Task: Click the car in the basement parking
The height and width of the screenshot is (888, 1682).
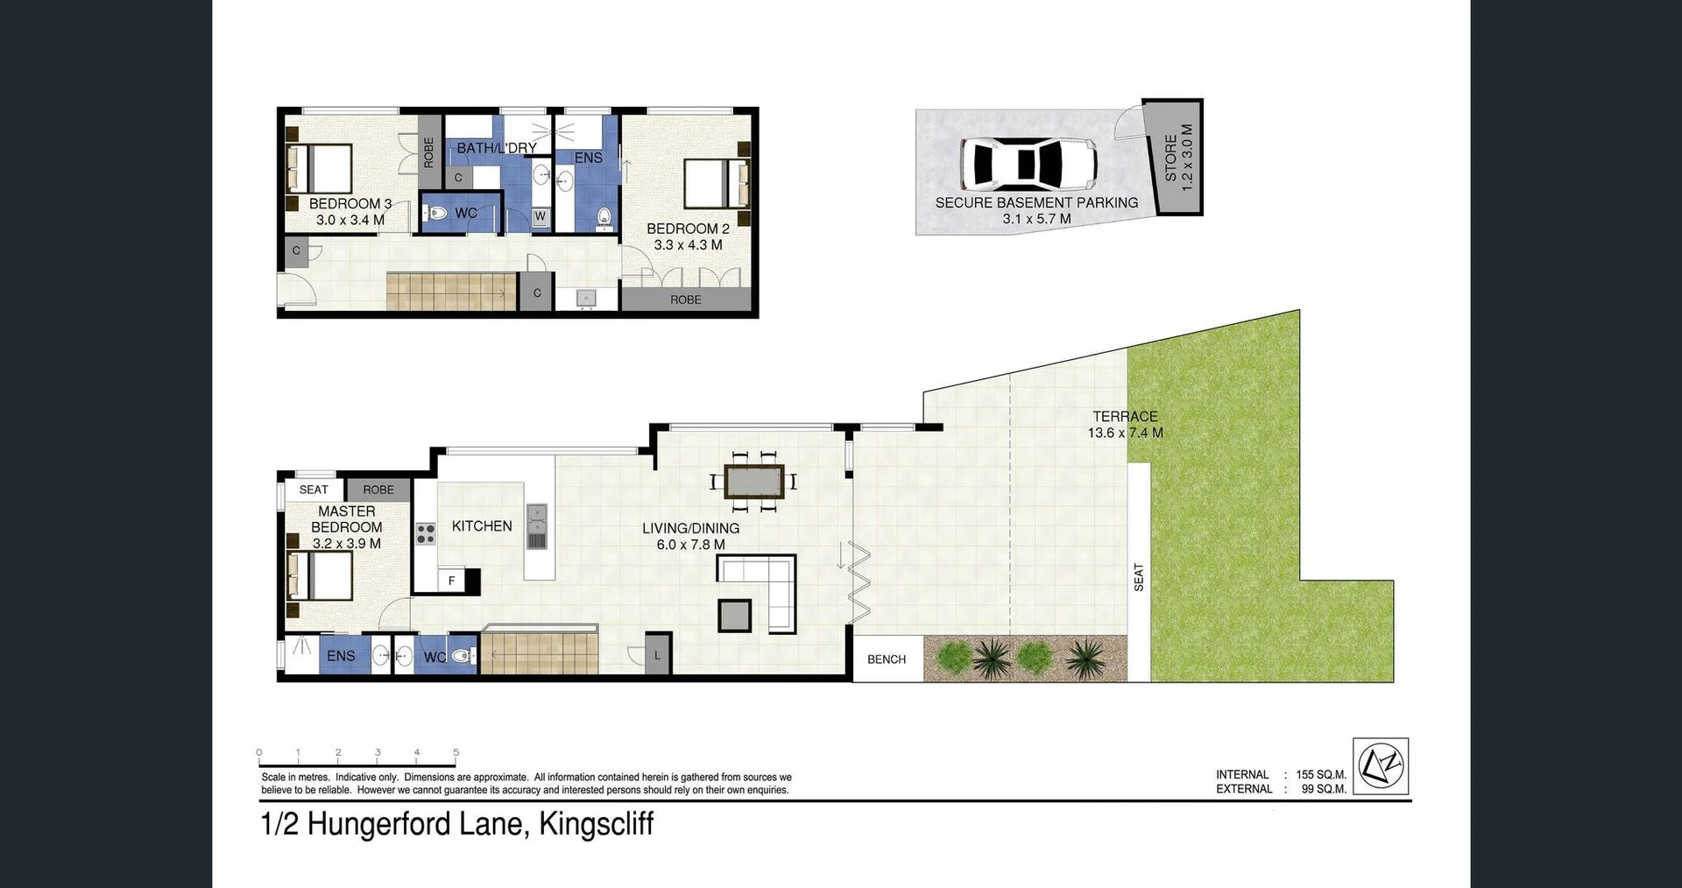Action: [1028, 164]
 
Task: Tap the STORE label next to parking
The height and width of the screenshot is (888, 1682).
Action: [1171, 158]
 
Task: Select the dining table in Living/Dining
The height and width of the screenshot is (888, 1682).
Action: [753, 481]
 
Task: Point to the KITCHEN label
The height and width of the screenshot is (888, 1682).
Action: [482, 526]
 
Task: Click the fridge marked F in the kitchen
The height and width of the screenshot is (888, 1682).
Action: [452, 580]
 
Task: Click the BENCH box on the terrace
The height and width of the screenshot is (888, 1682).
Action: [887, 659]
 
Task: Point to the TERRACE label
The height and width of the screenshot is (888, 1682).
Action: [1125, 417]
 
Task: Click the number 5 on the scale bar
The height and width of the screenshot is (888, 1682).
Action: [456, 752]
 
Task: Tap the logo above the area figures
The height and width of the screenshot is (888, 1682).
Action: [1381, 765]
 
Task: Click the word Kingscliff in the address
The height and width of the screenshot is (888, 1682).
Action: [597, 824]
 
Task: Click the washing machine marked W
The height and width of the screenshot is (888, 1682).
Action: [540, 216]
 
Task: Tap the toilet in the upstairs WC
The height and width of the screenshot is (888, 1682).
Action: [438, 213]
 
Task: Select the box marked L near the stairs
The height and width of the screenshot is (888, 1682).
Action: [658, 654]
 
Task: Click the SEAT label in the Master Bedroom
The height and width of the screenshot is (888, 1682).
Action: [314, 490]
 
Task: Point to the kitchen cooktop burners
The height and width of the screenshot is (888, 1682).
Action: [426, 533]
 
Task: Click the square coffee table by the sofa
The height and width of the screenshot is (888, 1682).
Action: [734, 616]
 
